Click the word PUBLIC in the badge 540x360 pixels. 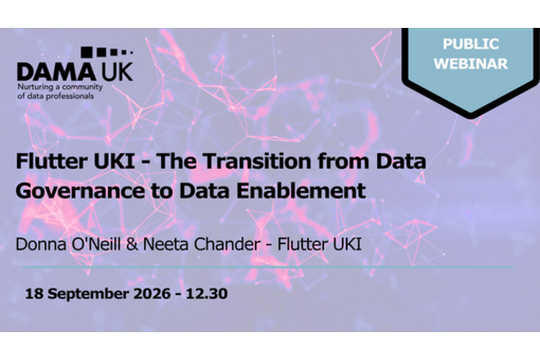point(471,44)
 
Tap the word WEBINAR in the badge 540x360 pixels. point(471,64)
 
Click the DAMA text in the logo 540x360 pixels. point(56,72)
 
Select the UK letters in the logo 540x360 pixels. point(117,72)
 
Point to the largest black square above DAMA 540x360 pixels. point(86,51)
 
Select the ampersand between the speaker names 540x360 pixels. point(132,245)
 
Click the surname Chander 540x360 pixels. point(227,244)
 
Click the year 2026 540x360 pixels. point(152,294)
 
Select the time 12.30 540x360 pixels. point(207,294)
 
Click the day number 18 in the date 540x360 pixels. point(34,294)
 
